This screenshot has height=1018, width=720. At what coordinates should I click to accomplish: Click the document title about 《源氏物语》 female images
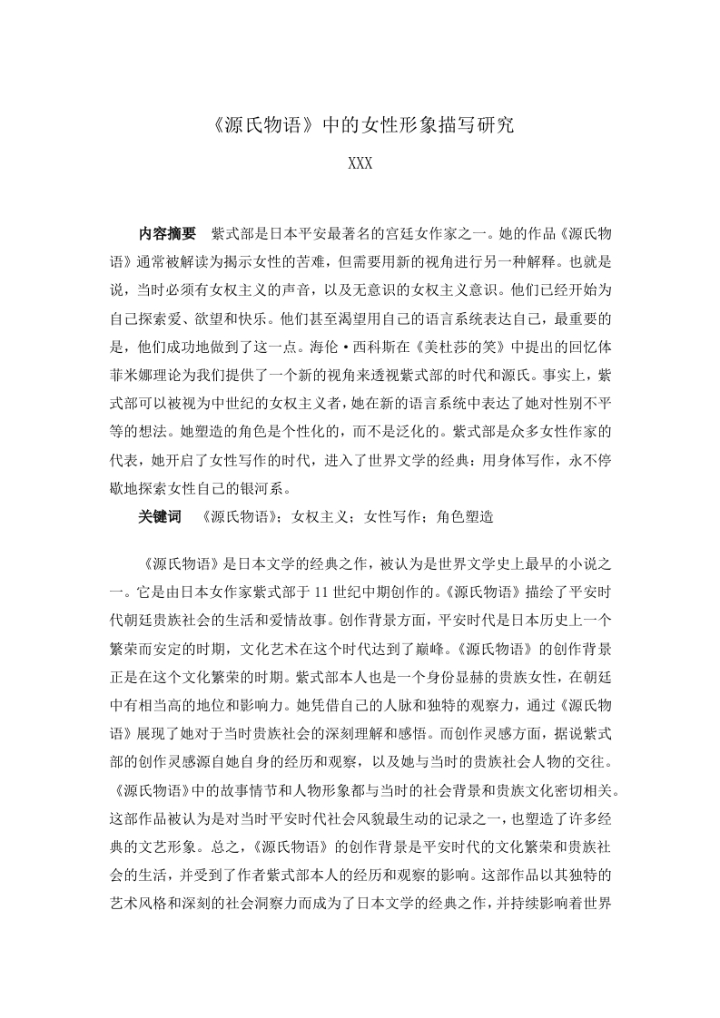click(x=360, y=125)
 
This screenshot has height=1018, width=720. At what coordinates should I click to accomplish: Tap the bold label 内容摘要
click(x=167, y=233)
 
